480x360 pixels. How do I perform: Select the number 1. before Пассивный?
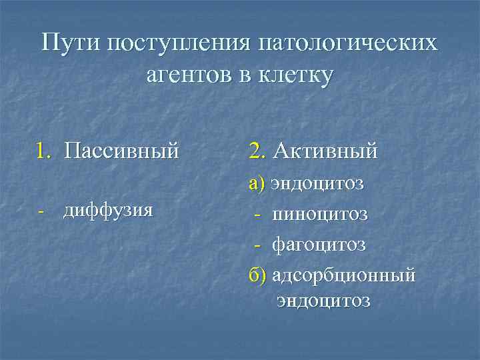[45, 151]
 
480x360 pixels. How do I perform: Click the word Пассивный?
[122, 151]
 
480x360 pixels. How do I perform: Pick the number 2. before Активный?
[257, 151]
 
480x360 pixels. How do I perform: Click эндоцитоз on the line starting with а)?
[317, 183]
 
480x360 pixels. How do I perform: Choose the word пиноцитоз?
[319, 214]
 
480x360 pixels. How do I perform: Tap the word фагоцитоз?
[319, 245]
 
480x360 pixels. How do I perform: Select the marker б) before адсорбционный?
[258, 275]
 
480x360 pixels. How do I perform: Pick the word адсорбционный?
[343, 275]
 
